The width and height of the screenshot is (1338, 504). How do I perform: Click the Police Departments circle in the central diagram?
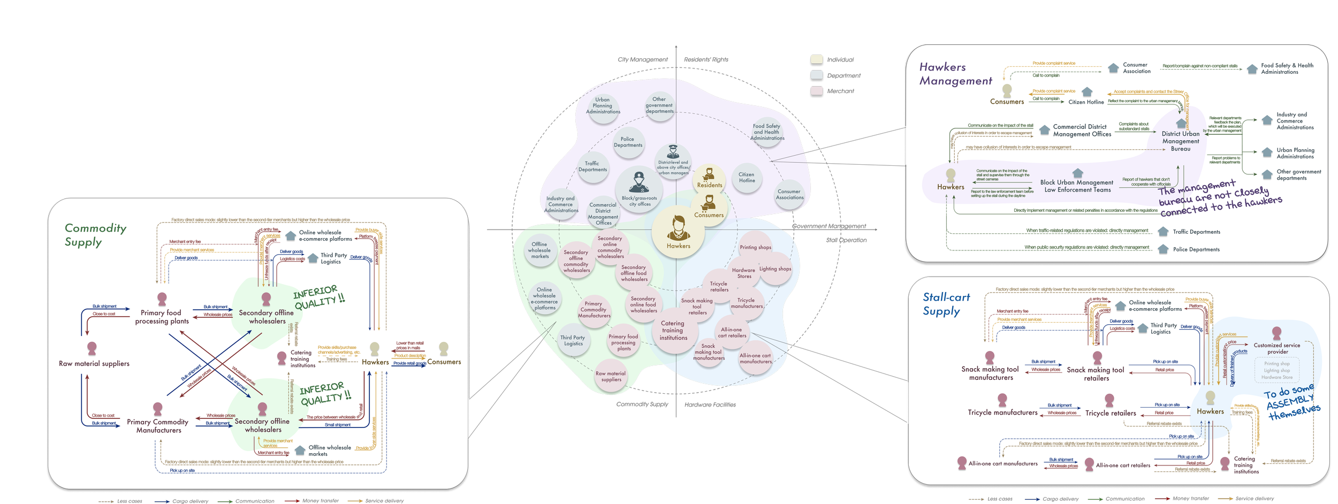click(628, 142)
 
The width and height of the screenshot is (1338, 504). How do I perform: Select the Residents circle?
click(709, 179)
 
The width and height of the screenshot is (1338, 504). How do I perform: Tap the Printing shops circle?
click(755, 247)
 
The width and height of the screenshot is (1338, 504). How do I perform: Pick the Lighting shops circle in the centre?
click(774, 269)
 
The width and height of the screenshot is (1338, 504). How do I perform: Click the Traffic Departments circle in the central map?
click(592, 167)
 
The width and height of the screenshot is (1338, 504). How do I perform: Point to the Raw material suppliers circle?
click(611, 377)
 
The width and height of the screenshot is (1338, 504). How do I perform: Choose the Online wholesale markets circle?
click(539, 250)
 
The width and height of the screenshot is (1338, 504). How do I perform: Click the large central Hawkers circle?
click(678, 232)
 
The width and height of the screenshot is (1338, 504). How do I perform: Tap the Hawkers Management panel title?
click(955, 74)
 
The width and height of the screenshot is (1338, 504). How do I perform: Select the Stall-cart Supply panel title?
click(946, 304)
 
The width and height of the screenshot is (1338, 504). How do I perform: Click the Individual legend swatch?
click(816, 59)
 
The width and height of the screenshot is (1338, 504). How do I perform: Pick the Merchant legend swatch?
click(816, 91)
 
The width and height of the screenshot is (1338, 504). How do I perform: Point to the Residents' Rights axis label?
click(706, 59)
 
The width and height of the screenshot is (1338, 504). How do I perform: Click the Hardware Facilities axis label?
click(710, 404)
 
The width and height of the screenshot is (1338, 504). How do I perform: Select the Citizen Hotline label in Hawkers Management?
click(1086, 102)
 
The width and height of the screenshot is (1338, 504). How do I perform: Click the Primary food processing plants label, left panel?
click(162, 317)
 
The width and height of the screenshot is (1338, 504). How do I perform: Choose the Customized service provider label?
click(1277, 348)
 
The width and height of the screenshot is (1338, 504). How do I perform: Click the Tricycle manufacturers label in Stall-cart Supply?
click(1002, 413)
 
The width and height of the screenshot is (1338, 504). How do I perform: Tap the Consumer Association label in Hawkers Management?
click(1136, 68)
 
